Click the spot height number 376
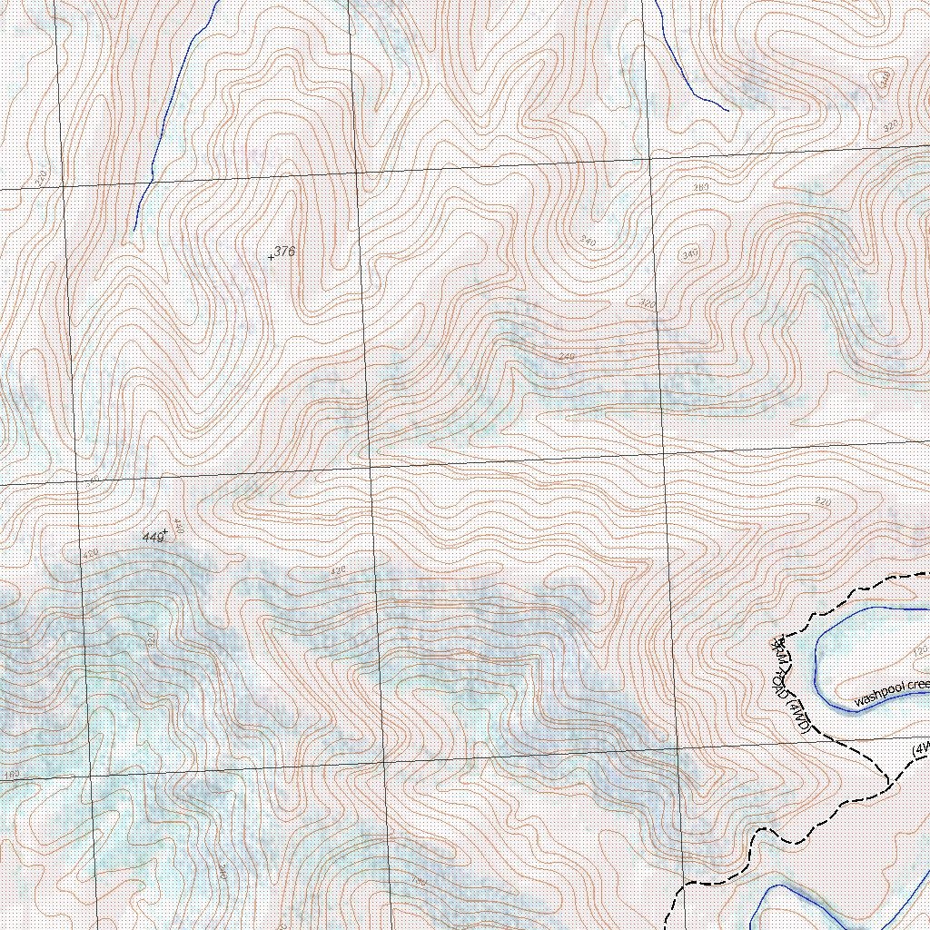click(x=285, y=252)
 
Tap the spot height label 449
click(x=153, y=538)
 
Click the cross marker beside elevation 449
click(x=164, y=532)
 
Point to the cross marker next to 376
click(x=271, y=258)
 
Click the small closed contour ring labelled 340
click(x=689, y=254)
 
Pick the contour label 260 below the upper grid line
click(x=700, y=187)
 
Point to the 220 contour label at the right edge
click(x=823, y=502)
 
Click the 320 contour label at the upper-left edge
click(x=41, y=178)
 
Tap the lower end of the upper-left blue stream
click(x=134, y=229)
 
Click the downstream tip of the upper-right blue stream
click(x=727, y=111)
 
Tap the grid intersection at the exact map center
click(x=371, y=469)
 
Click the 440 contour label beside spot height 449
click(x=178, y=527)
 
